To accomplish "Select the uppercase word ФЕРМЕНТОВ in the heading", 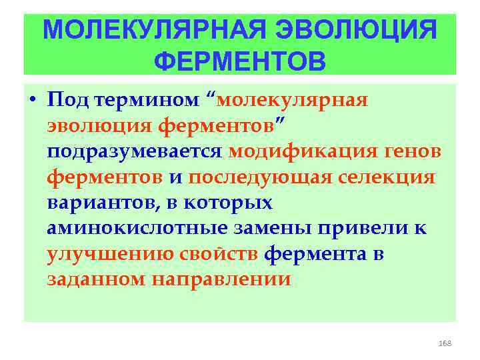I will coord(240,61).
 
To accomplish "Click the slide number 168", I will coord(445,343).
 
